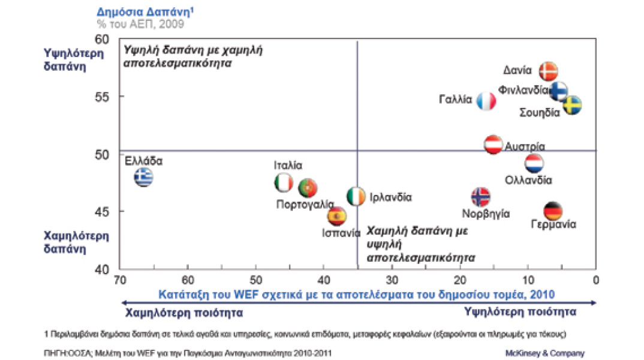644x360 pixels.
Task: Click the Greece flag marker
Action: [143, 178]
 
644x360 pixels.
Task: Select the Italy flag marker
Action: [283, 183]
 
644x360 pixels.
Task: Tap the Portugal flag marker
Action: [308, 188]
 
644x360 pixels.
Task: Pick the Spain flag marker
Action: [337, 215]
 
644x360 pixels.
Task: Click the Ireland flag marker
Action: [356, 196]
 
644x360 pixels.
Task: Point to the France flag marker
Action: [486, 101]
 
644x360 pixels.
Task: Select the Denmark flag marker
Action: [548, 71]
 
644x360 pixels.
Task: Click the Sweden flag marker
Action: [572, 106]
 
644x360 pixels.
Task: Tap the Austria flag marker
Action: [493, 145]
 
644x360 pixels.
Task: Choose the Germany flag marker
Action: [553, 211]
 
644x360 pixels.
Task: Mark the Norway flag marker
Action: [481, 196]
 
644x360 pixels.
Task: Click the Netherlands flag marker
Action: [534, 163]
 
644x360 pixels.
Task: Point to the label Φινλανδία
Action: [523, 91]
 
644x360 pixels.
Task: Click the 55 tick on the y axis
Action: [112, 97]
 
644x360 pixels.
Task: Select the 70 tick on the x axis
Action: [120, 280]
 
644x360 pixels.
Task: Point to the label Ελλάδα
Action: [143, 161]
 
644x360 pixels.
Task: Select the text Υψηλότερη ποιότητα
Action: [520, 312]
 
